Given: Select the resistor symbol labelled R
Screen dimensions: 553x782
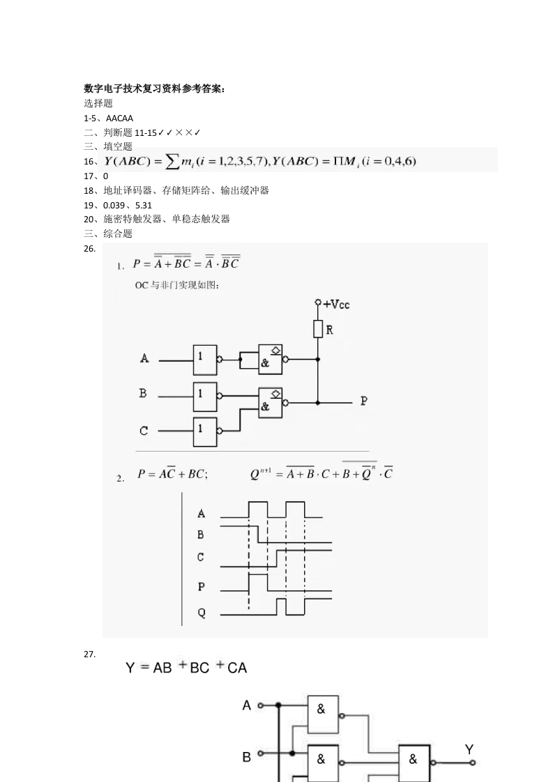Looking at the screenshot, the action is (x=318, y=329).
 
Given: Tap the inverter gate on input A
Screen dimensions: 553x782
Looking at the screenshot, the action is (x=206, y=360).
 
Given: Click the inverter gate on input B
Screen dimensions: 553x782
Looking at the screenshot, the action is (x=206, y=396).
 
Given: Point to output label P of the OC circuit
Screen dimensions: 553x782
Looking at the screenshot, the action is (x=363, y=401).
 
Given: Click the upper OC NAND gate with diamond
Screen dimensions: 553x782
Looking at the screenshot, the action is (x=270, y=360).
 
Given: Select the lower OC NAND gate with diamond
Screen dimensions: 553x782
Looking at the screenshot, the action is (x=270, y=402).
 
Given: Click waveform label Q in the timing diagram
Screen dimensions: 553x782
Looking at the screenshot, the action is (x=202, y=613).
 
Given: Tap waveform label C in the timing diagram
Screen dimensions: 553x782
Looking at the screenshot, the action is (x=201, y=557).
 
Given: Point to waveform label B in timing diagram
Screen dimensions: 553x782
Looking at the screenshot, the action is (x=201, y=535).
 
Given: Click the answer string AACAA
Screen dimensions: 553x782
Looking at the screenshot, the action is (x=119, y=118).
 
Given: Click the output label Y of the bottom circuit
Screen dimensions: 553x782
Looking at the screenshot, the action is (x=469, y=749).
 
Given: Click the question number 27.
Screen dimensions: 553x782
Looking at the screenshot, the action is (x=89, y=654).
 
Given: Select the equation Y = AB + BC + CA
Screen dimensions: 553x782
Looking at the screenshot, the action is (x=186, y=668).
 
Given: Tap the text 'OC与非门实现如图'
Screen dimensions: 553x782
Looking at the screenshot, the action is (x=176, y=285).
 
